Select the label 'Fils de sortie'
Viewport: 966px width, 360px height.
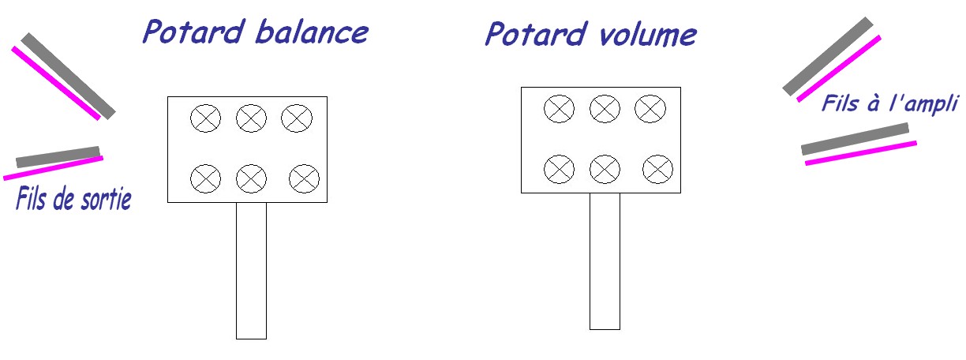click(x=73, y=199)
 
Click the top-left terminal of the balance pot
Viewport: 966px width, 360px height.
click(x=206, y=118)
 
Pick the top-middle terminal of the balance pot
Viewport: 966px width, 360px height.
click(x=252, y=118)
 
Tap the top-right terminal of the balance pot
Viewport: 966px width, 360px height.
click(x=297, y=118)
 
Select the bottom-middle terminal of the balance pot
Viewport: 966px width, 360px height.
click(x=252, y=178)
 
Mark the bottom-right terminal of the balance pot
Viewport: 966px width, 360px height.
click(x=304, y=178)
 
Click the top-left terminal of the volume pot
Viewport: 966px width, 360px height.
click(x=560, y=109)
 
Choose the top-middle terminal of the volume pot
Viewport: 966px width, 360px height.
click(x=605, y=109)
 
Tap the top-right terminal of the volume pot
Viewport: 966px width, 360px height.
click(x=650, y=109)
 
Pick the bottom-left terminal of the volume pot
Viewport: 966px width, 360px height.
click(x=560, y=168)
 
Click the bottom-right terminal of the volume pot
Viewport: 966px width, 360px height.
click(x=657, y=168)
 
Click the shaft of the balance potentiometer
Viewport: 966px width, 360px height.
click(x=252, y=270)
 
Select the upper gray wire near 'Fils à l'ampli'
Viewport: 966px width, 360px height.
click(x=828, y=56)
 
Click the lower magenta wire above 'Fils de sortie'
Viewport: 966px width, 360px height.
click(x=54, y=167)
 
